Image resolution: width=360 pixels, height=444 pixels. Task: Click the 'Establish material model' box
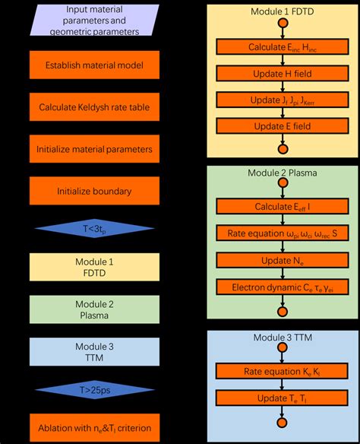pyautogui.click(x=95, y=65)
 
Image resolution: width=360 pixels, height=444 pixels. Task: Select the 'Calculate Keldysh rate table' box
pyautogui.click(x=95, y=107)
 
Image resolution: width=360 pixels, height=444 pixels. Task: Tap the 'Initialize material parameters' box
pyautogui.click(x=95, y=149)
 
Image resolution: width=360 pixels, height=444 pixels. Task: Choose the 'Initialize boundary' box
pyautogui.click(x=95, y=191)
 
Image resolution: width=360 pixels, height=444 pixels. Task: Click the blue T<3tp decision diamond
pyautogui.click(x=95, y=228)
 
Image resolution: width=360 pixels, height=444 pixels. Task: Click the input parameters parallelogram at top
pyautogui.click(x=95, y=21)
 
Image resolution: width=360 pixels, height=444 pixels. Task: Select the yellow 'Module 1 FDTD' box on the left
pyautogui.click(x=95, y=268)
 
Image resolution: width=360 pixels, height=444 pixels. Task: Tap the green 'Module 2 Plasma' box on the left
pyautogui.click(x=95, y=309)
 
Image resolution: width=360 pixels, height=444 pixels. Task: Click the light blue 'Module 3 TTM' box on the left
pyautogui.click(x=95, y=351)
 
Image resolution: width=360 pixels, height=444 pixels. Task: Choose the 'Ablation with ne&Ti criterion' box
pyautogui.click(x=95, y=428)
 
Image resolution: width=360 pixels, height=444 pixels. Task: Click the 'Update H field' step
pyautogui.click(x=282, y=73)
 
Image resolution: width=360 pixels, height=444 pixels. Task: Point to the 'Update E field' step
pyautogui.click(x=282, y=125)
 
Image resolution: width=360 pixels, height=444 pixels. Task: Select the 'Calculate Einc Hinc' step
pyautogui.click(x=282, y=47)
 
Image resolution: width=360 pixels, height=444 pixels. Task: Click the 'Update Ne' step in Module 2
pyautogui.click(x=282, y=260)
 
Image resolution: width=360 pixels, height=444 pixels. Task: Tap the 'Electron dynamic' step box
pyautogui.click(x=282, y=287)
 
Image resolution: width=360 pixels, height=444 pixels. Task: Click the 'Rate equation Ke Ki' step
pyautogui.click(x=282, y=372)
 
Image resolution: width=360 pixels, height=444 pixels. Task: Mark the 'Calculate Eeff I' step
pyautogui.click(x=282, y=207)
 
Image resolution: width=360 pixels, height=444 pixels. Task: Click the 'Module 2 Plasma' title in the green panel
pyautogui.click(x=282, y=173)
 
